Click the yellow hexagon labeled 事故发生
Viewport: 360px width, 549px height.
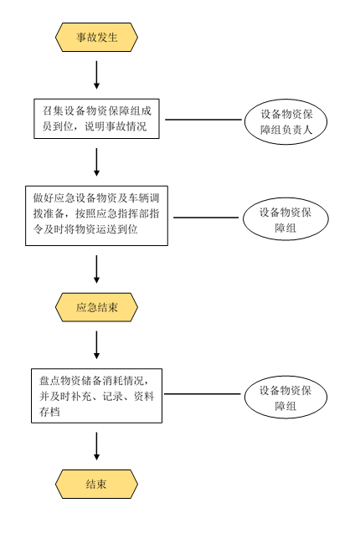click(96, 37)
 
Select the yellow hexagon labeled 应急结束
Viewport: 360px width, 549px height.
click(96, 307)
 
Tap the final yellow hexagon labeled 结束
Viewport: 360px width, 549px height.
click(96, 484)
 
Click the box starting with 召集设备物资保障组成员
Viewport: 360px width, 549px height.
click(96, 119)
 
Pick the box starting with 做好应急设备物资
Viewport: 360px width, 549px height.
click(96, 216)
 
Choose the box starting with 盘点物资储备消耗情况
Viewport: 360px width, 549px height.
click(96, 396)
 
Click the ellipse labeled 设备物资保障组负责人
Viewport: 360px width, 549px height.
click(285, 121)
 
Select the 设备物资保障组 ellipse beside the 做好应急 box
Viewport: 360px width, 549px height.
click(285, 219)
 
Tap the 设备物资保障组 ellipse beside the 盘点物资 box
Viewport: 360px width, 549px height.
click(285, 398)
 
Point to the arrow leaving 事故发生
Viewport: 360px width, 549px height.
click(96, 75)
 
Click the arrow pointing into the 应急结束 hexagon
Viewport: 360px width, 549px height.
click(96, 269)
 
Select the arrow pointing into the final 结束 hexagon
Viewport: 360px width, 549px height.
click(96, 446)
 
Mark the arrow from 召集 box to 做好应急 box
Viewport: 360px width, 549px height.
click(96, 162)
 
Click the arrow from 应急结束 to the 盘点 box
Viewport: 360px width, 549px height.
click(96, 345)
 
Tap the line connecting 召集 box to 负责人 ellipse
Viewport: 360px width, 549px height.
click(203, 120)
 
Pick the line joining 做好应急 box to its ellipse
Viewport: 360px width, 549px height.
click(206, 218)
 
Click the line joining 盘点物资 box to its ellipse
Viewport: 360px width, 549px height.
click(203, 394)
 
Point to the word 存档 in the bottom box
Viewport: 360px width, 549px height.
click(49, 412)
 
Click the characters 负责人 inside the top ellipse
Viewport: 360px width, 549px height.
click(296, 130)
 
